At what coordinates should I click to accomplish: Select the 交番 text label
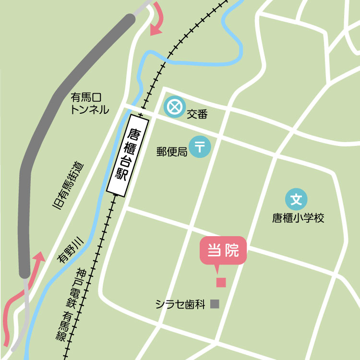click(197, 114)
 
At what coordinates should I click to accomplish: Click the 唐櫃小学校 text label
click(298, 218)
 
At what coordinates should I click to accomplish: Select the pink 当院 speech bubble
click(223, 250)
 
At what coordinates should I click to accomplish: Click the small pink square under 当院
click(221, 282)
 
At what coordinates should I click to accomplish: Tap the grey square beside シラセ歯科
click(215, 304)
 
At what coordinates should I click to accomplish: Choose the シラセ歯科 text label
click(180, 304)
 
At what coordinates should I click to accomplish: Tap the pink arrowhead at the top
click(156, 30)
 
